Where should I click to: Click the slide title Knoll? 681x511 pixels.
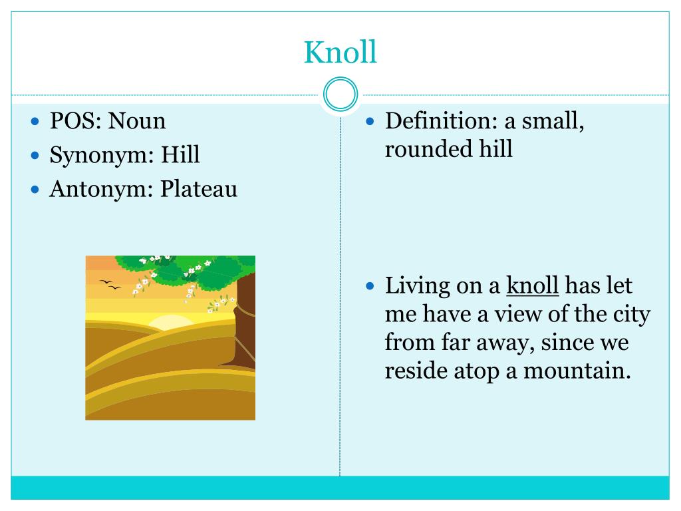tap(340, 52)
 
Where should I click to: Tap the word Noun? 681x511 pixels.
tap(137, 121)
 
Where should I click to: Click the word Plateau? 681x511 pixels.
tap(199, 190)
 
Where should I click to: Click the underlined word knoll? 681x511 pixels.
tap(532, 286)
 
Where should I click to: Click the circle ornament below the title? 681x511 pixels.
tap(340, 94)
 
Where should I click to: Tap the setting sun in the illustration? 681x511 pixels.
tap(170, 322)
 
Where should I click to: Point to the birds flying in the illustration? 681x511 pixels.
tap(110, 285)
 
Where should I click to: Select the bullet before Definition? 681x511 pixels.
tap(372, 122)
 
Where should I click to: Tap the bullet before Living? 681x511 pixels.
tap(372, 287)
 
